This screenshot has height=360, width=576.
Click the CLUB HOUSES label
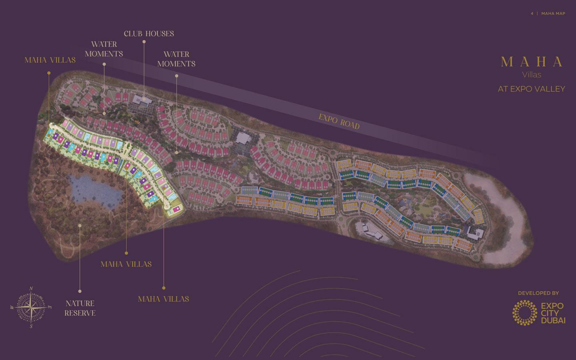(149, 34)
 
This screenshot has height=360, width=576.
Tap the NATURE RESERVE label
(80, 308)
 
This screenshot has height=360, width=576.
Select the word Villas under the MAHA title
(532, 75)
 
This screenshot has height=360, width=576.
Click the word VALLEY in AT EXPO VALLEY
(550, 89)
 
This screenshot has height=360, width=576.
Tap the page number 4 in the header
(532, 14)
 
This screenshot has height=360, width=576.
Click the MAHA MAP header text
(553, 14)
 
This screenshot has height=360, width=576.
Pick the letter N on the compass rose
(31, 288)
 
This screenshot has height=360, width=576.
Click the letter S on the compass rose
(31, 326)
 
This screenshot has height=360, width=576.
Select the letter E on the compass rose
(50, 307)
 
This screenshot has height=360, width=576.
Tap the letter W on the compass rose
(12, 308)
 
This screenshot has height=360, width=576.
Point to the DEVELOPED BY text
(538, 293)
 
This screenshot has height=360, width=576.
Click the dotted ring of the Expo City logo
(524, 312)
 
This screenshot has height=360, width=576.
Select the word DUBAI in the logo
(553, 321)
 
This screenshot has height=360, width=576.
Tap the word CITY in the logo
(550, 314)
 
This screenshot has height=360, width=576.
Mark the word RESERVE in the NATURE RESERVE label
(80, 313)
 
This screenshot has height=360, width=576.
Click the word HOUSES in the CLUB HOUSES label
(159, 34)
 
